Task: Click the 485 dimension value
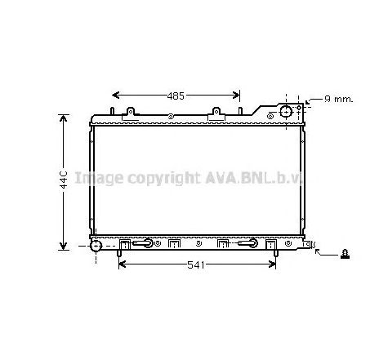[x=176, y=96]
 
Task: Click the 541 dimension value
[x=196, y=264]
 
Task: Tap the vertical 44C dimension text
[x=64, y=180]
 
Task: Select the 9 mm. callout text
[x=338, y=99]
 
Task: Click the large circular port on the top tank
[x=286, y=112]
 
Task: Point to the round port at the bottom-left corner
[x=96, y=246]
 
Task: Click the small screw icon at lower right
[x=346, y=254]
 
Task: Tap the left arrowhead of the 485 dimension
[x=115, y=96]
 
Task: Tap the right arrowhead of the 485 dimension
[x=236, y=96]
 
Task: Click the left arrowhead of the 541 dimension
[x=123, y=264]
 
